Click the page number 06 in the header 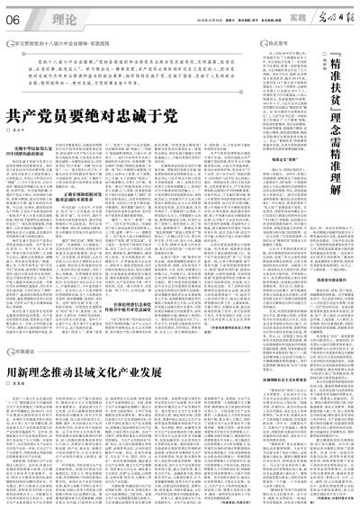(x=14, y=17)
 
